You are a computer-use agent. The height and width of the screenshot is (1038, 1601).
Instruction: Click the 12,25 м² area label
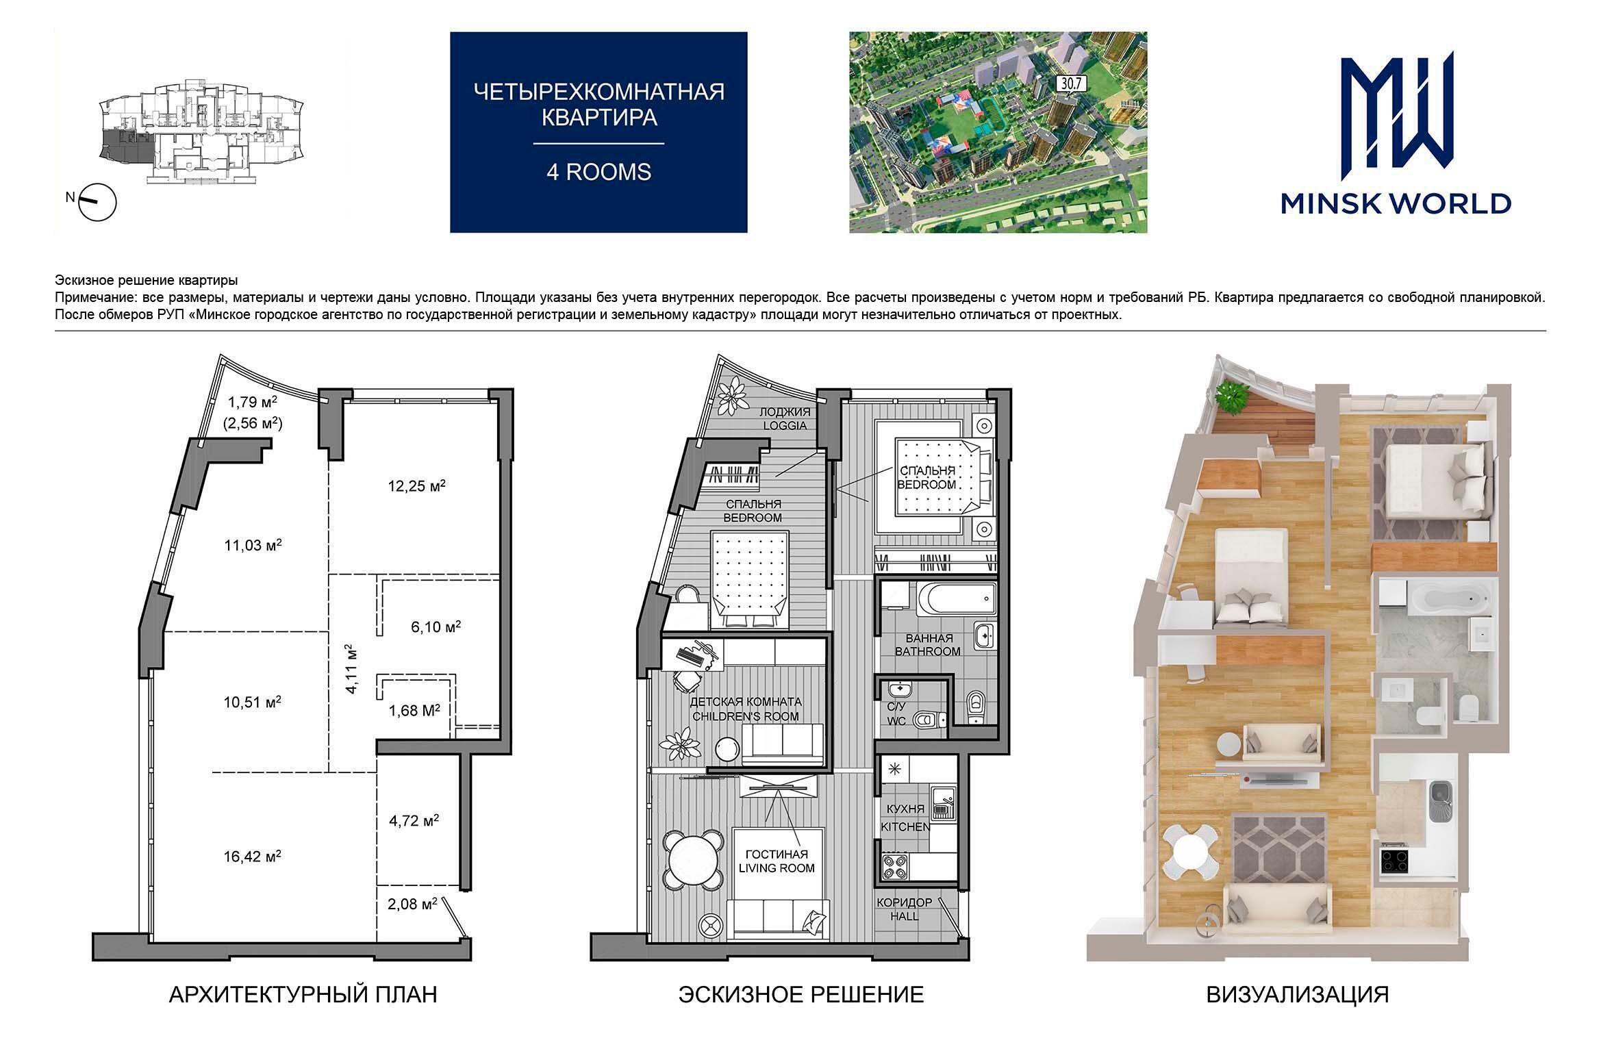(416, 487)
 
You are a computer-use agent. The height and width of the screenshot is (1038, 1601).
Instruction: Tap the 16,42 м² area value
(252, 856)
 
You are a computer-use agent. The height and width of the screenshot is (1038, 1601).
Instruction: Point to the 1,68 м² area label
(414, 711)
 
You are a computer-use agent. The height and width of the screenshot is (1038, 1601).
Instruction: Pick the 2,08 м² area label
(412, 904)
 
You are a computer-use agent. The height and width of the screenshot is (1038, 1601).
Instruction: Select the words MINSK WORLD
(1396, 203)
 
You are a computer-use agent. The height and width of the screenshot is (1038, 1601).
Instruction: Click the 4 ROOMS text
(598, 172)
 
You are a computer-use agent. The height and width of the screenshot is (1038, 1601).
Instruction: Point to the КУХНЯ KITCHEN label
(905, 818)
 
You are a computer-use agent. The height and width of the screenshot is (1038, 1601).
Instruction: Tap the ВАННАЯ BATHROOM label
(928, 644)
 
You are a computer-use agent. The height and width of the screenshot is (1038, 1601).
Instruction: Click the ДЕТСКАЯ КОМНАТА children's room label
(745, 709)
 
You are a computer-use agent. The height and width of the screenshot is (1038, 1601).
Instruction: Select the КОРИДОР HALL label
(905, 909)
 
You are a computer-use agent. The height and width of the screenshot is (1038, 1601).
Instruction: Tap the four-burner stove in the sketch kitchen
(894, 867)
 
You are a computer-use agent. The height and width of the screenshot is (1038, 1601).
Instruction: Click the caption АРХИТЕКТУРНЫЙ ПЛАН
(303, 994)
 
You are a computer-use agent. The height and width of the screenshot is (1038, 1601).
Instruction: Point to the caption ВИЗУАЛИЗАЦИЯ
(1298, 994)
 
